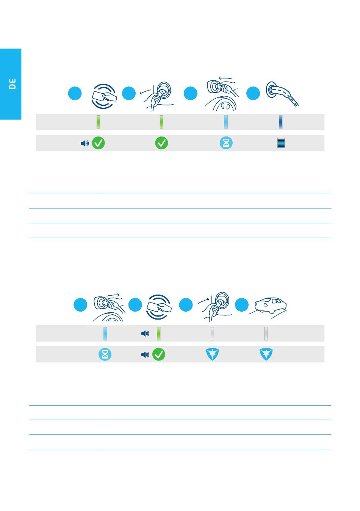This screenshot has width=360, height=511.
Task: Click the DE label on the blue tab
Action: tap(12, 84)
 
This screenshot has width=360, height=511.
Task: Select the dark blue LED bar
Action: tap(281, 122)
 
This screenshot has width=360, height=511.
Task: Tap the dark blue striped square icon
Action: tap(281, 143)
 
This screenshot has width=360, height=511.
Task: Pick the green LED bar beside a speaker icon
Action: tap(159, 334)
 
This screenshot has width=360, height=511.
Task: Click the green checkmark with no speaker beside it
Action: tap(161, 143)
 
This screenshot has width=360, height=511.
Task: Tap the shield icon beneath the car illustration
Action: tap(266, 354)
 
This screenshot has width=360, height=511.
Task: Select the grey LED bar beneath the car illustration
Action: tap(266, 334)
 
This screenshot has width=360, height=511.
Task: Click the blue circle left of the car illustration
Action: tap(242, 304)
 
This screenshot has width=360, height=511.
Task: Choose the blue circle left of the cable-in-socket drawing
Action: tap(253, 93)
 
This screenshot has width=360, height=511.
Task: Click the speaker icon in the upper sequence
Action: tap(85, 143)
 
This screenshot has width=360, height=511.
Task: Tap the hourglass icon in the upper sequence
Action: tap(226, 143)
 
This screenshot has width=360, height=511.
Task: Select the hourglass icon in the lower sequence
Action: tap(105, 354)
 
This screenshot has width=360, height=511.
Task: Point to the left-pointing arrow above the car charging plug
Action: tap(225, 78)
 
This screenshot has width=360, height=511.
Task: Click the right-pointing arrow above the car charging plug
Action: tap(113, 295)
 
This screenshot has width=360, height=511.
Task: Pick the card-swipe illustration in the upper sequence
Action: tap(104, 96)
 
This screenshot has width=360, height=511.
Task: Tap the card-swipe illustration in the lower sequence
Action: tap(159, 307)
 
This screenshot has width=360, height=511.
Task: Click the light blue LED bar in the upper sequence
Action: tap(226, 122)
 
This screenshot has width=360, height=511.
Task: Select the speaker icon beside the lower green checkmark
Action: tap(145, 355)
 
